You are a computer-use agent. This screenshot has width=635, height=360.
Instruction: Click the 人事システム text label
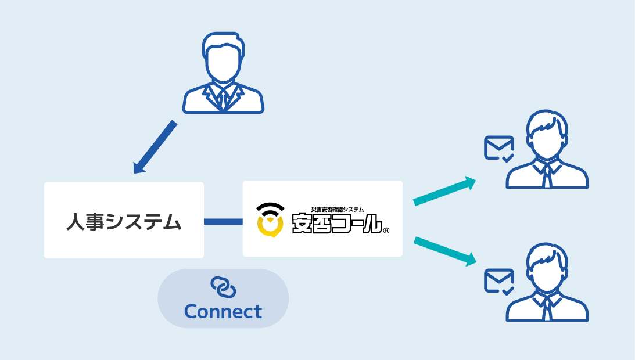pyautogui.click(x=124, y=222)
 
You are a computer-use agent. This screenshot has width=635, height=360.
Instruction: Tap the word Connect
pyautogui.click(x=223, y=311)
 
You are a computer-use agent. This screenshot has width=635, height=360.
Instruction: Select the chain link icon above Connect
pyautogui.click(x=223, y=287)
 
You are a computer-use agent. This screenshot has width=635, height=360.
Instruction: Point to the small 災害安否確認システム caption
pyautogui.click(x=338, y=210)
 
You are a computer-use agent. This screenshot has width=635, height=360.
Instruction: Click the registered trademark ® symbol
pyautogui.click(x=386, y=231)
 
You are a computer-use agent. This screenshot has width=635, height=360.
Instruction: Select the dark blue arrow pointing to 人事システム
pyautogui.click(x=155, y=147)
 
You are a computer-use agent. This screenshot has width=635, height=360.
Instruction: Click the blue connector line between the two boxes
pyautogui.click(x=223, y=221)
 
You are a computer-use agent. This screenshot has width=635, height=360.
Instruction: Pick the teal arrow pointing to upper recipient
pyautogui.click(x=444, y=190)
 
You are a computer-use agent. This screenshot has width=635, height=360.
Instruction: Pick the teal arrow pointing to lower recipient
pyautogui.click(x=445, y=251)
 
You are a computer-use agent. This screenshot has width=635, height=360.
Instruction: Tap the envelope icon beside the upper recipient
pyautogui.click(x=499, y=149)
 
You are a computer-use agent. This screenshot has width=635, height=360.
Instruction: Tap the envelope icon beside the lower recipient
pyautogui.click(x=499, y=282)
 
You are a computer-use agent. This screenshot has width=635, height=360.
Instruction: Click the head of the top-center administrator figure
pyautogui.click(x=223, y=57)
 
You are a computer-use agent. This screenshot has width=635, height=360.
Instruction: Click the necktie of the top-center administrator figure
pyautogui.click(x=223, y=100)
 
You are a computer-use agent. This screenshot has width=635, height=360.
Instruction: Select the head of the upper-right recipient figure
pyautogui.click(x=547, y=134)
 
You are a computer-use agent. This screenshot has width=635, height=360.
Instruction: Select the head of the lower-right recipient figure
pyautogui.click(x=547, y=267)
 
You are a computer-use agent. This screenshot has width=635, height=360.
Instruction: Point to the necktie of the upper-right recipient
pyautogui.click(x=547, y=175)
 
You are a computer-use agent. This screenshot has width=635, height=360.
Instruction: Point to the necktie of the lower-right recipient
pyautogui.click(x=547, y=308)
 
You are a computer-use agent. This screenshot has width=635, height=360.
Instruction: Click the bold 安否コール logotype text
pyautogui.click(x=338, y=224)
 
